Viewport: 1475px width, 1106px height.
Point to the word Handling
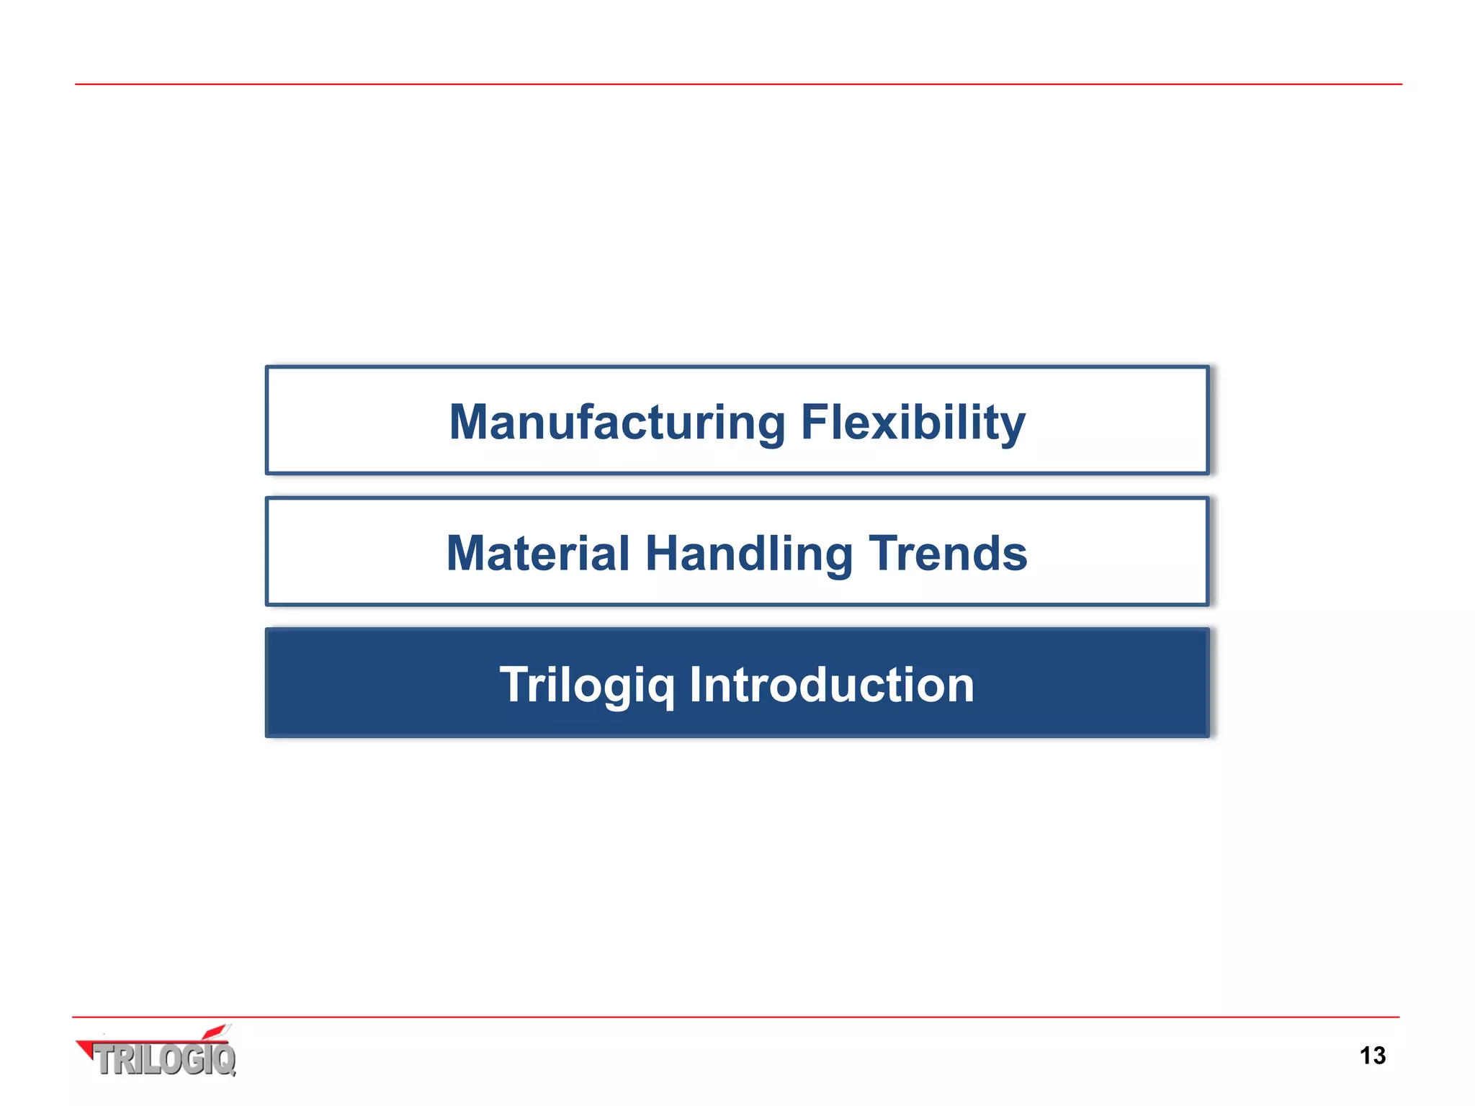[749, 554]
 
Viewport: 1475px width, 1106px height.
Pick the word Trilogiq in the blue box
[587, 685]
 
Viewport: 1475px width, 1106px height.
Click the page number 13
[1372, 1056]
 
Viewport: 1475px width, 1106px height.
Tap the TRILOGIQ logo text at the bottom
[166, 1060]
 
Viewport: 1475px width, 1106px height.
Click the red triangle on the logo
[86, 1048]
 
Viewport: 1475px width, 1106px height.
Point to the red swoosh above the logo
[216, 1032]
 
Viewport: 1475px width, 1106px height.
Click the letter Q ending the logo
[224, 1060]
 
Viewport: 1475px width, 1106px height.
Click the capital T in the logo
[105, 1060]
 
